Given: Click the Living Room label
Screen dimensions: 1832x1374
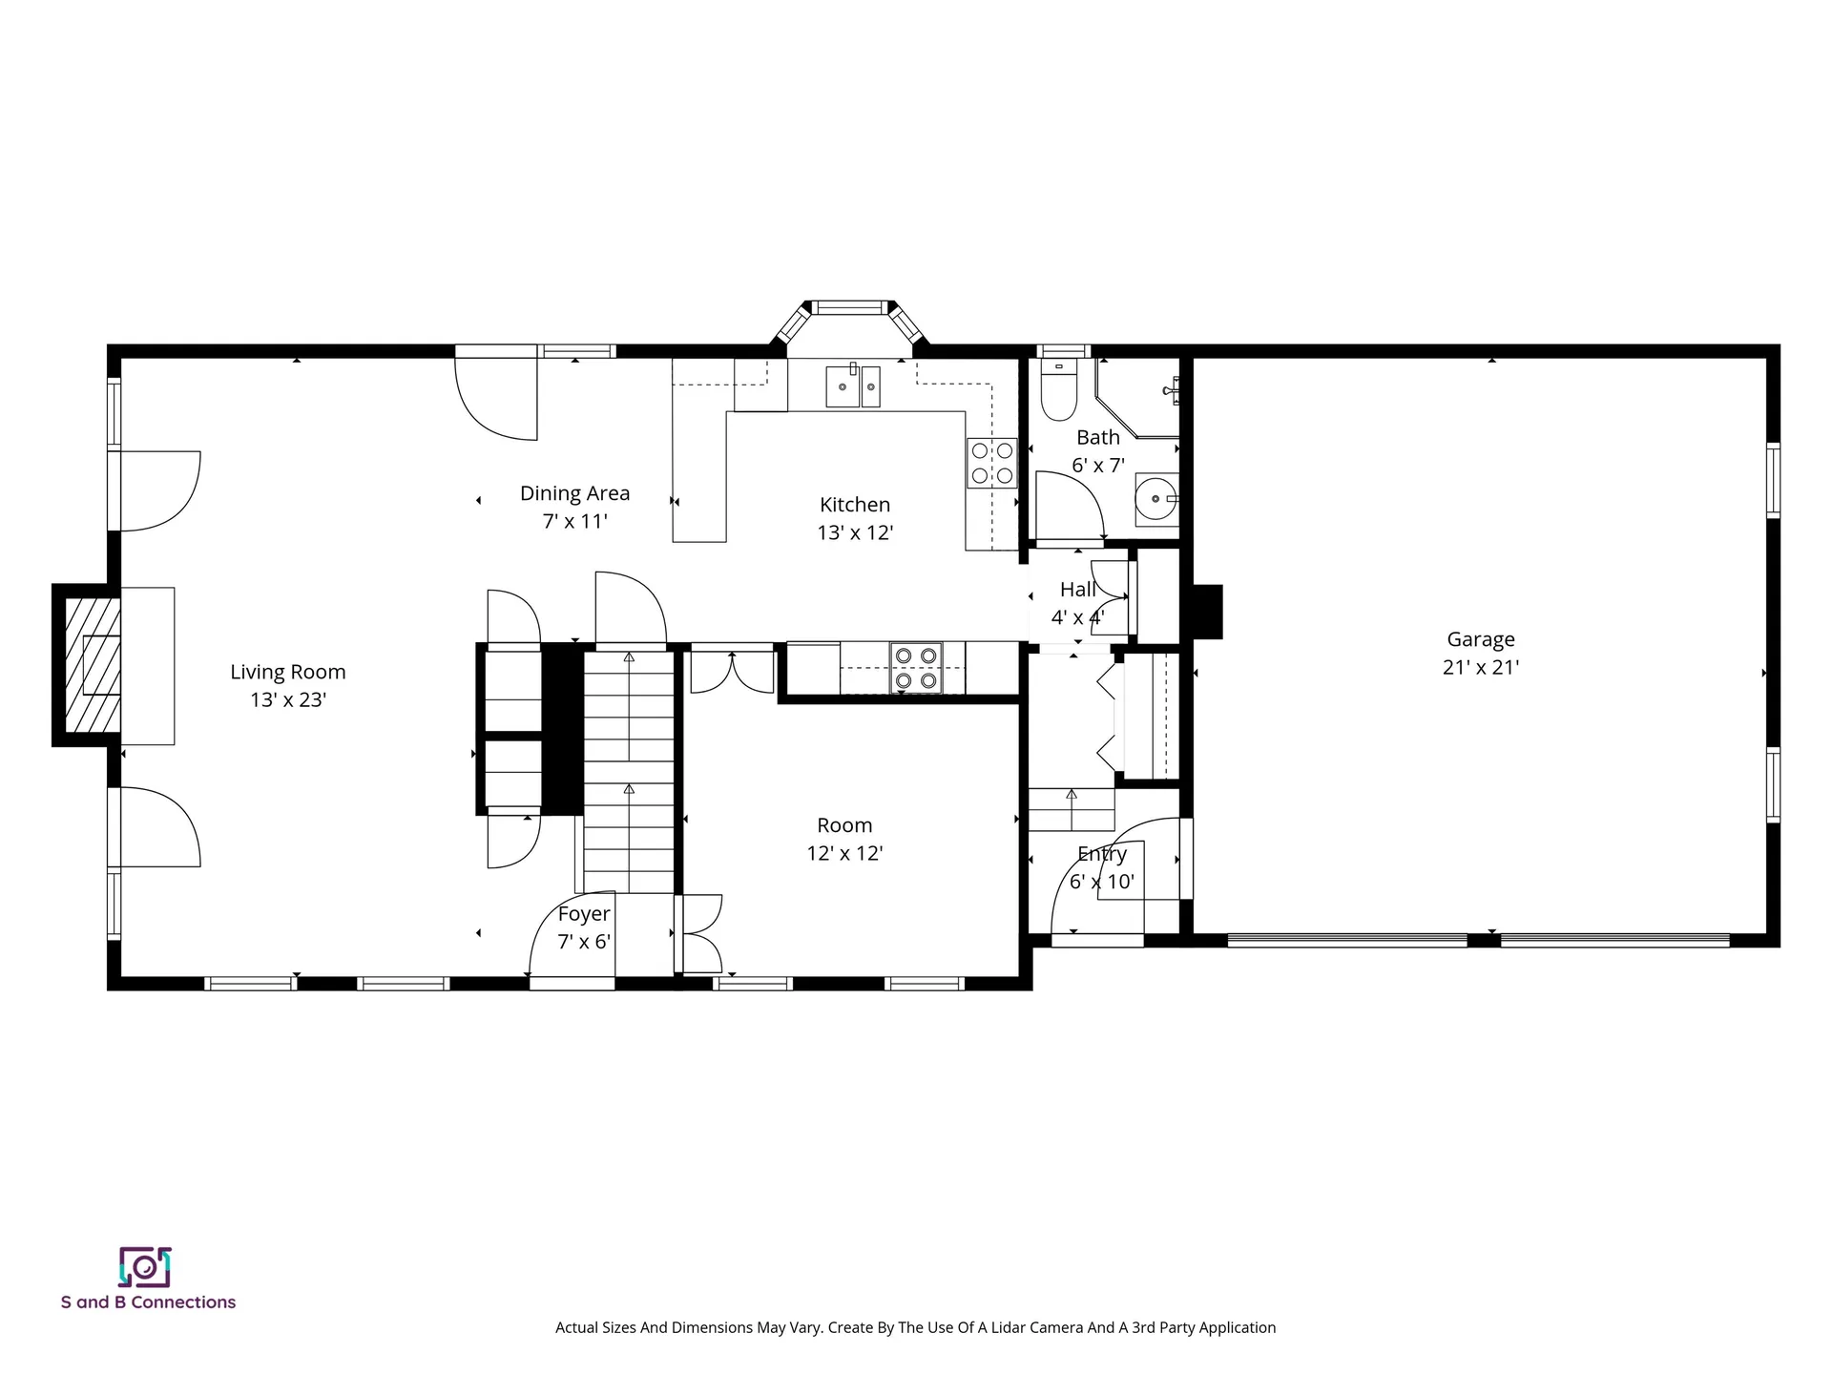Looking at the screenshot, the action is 288,672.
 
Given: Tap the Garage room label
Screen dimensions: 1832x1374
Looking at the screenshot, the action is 1481,640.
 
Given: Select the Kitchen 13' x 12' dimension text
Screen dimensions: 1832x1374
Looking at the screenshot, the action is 855,533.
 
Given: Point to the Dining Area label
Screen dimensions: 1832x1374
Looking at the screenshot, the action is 574,493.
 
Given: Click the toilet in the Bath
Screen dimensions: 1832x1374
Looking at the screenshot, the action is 1058,390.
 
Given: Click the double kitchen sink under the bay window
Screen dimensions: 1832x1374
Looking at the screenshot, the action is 853,385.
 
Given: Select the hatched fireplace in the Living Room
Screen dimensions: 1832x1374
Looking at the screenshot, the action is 92,665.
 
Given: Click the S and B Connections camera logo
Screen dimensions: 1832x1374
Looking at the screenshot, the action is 145,1267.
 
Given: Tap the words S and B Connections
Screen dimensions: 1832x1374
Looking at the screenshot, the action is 148,1302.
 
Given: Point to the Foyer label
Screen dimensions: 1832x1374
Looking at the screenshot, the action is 584,914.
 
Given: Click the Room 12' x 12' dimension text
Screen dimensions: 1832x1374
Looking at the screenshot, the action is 844,854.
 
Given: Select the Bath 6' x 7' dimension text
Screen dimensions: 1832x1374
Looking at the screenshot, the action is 1098,467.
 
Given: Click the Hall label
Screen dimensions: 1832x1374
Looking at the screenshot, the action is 1078,590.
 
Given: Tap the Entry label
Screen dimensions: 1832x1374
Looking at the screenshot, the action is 1102,854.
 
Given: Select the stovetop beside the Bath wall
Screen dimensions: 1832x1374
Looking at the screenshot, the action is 992,463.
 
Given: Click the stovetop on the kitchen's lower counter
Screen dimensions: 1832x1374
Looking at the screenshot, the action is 915,668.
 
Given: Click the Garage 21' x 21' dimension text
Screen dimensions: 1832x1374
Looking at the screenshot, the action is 1481,668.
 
